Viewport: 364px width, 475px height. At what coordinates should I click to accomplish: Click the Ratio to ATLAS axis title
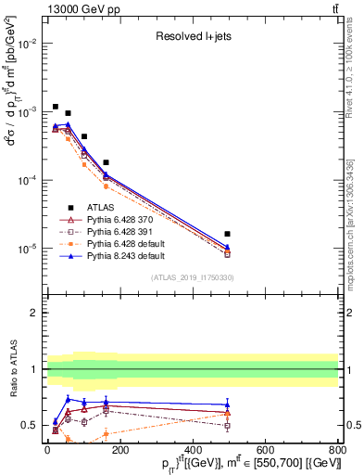(x=12, y=369)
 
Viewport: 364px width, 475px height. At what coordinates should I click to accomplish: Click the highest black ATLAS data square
(x=56, y=107)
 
